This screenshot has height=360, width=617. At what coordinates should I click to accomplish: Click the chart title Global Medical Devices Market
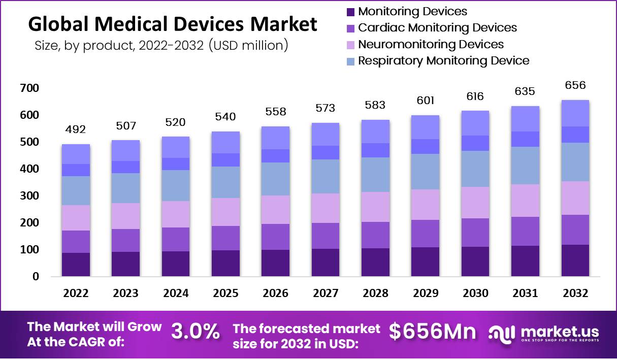click(x=172, y=24)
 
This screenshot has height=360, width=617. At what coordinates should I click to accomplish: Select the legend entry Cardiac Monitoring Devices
click(x=437, y=28)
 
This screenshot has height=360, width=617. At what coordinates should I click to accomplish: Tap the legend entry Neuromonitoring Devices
click(x=431, y=44)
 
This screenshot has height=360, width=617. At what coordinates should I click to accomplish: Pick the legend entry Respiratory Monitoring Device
click(x=443, y=61)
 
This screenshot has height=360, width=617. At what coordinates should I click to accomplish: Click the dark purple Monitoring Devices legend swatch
click(x=350, y=12)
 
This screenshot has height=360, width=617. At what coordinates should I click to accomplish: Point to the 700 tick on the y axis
click(x=29, y=89)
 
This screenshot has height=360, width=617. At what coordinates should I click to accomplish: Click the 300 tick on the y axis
click(x=29, y=196)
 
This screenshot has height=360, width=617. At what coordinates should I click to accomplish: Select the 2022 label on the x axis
click(x=76, y=293)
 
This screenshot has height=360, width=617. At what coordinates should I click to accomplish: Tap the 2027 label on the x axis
click(x=325, y=293)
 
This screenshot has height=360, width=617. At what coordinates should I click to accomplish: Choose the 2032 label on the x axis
click(x=575, y=293)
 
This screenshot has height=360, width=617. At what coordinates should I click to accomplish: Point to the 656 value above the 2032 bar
click(x=575, y=85)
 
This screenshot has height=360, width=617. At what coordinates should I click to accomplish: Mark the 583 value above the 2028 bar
click(x=375, y=106)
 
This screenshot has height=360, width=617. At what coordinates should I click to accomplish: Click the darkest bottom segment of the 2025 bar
click(x=225, y=263)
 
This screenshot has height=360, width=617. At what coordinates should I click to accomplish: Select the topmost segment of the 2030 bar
click(x=475, y=123)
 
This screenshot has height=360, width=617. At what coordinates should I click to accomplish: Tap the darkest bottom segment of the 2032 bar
click(x=575, y=260)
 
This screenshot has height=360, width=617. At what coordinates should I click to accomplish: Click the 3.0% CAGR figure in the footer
click(x=196, y=332)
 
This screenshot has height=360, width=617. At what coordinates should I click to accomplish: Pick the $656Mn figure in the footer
click(x=433, y=332)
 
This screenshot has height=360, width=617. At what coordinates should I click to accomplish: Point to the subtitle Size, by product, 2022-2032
click(x=161, y=45)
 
